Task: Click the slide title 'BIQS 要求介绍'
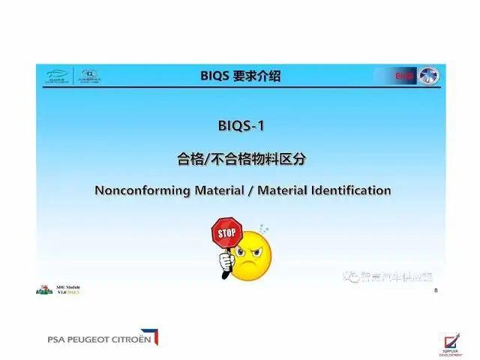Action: pyautogui.click(x=241, y=76)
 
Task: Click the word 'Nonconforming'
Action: pyautogui.click(x=141, y=190)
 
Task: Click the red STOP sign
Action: pyautogui.click(x=226, y=233)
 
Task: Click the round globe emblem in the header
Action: pyautogui.click(x=430, y=76)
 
